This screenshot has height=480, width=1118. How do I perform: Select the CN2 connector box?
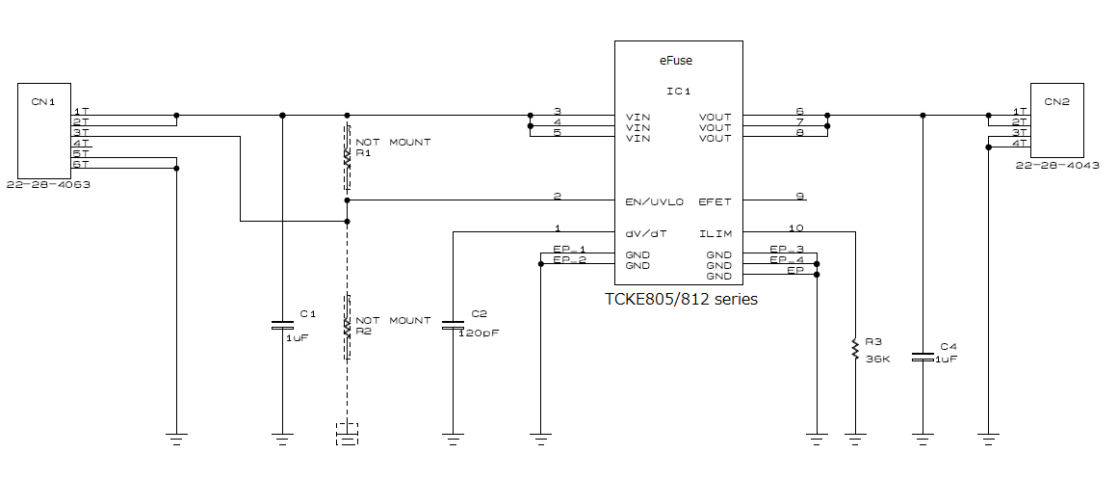pyautogui.click(x=1057, y=120)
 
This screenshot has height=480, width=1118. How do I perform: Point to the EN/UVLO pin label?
pyautogui.click(x=655, y=201)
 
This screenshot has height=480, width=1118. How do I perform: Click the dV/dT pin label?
pyautogui.click(x=645, y=233)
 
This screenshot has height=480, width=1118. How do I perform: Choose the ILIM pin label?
pyautogui.click(x=715, y=233)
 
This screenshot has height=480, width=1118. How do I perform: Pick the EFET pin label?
pyautogui.click(x=715, y=201)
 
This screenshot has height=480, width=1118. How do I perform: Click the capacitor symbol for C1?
pyautogui.click(x=282, y=324)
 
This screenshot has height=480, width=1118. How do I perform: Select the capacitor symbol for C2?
pyautogui.click(x=453, y=325)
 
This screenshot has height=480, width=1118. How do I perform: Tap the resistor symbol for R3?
pyautogui.click(x=854, y=349)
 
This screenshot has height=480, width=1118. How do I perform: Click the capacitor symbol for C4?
pyautogui.click(x=923, y=357)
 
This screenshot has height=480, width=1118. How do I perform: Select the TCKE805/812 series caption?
pyautogui.click(x=680, y=299)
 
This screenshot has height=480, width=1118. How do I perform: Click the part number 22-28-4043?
pyautogui.click(x=1057, y=165)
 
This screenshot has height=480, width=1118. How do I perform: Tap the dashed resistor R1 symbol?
pyautogui.click(x=348, y=157)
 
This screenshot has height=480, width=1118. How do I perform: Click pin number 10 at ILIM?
pyautogui.click(x=794, y=228)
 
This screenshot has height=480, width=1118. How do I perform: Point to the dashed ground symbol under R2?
pyautogui.click(x=348, y=434)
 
